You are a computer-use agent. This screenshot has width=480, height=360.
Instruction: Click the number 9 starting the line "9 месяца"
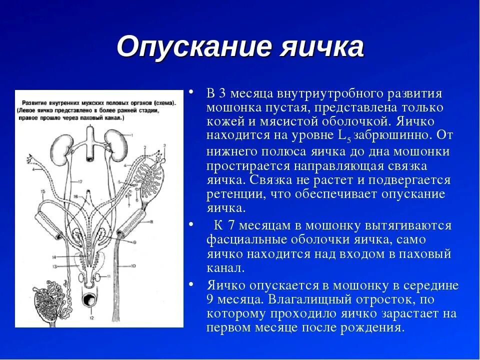click(x=210, y=299)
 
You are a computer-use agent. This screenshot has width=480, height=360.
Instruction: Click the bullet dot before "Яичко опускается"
click(x=191, y=284)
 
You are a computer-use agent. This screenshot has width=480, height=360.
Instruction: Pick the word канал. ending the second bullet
click(x=225, y=268)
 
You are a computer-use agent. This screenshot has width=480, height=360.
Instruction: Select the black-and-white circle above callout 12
click(x=91, y=301)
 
